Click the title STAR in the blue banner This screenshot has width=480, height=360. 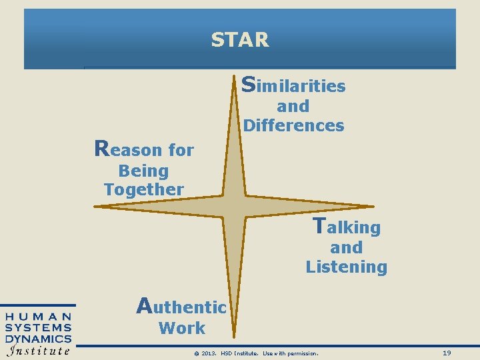[240, 40]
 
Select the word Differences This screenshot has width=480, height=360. [294, 125]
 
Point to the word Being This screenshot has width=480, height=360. [143, 171]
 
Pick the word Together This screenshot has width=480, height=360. [143, 189]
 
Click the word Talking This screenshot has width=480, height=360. [347, 227]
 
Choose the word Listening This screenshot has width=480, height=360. [347, 267]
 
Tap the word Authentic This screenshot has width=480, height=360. [181, 307]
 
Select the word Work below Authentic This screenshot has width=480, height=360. [182, 328]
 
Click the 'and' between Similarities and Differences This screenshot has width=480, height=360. [293, 106]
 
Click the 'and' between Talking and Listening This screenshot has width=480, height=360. [347, 247]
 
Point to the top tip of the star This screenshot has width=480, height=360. [235, 79]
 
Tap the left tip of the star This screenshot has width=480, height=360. [95, 207]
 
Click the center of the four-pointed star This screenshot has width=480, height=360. [235, 207]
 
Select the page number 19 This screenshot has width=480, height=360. [447, 353]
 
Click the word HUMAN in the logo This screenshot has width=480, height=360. [39, 317]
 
